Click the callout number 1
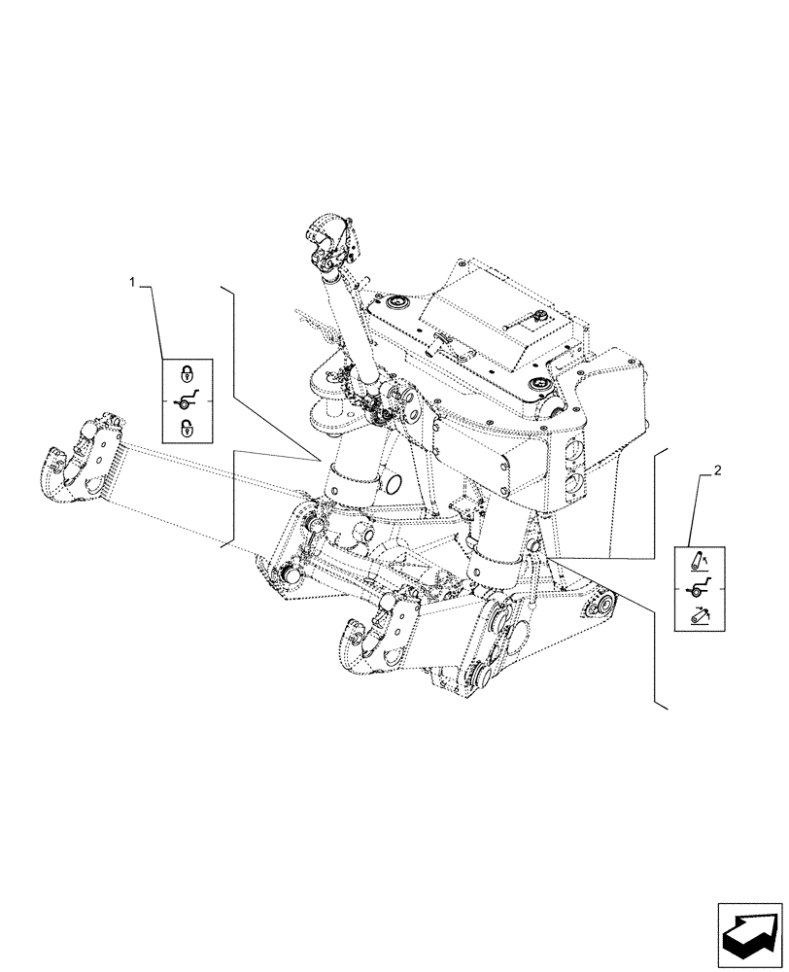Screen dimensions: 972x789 click(133, 282)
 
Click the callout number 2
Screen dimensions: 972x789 click(716, 471)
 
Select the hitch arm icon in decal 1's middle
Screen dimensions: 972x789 click(185, 399)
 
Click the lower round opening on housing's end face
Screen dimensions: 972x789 click(572, 482)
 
